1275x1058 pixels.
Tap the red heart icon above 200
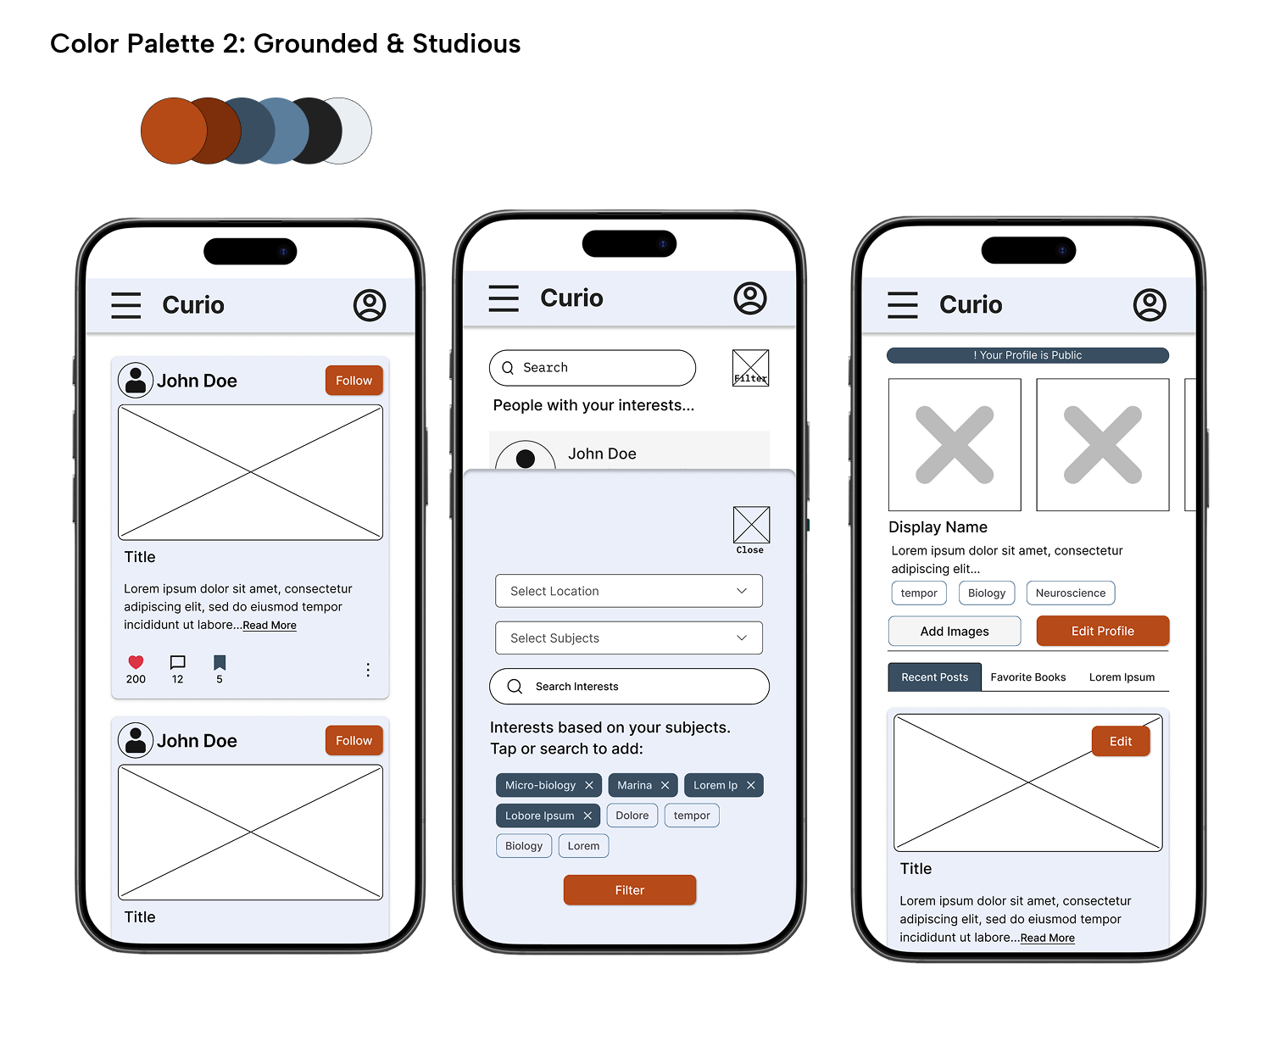(136, 662)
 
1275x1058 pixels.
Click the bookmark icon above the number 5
(220, 662)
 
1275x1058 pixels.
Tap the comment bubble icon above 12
(178, 662)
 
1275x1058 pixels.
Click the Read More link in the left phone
(270, 625)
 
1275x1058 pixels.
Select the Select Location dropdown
(628, 591)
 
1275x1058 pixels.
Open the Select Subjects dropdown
(628, 638)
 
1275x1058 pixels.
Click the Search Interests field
(629, 686)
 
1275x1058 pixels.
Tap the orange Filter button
(630, 890)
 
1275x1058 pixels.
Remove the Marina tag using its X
(665, 785)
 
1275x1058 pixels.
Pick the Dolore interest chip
(632, 816)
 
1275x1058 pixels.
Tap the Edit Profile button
(1103, 631)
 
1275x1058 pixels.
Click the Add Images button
(955, 631)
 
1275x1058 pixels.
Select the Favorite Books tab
(1027, 677)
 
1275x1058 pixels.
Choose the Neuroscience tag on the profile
(1071, 593)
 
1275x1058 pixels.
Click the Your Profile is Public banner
(1027, 355)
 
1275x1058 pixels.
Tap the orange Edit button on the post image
(1121, 741)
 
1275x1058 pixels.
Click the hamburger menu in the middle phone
(504, 298)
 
